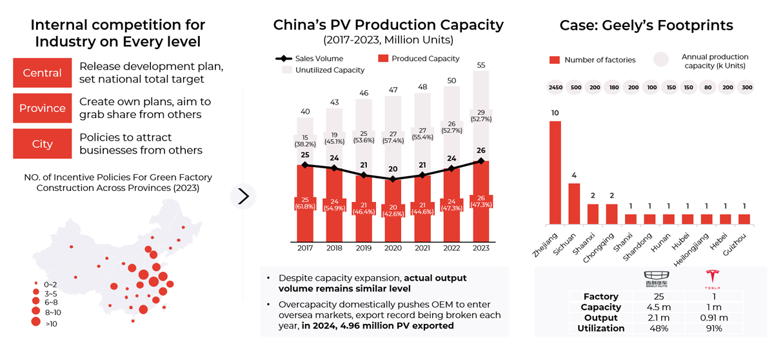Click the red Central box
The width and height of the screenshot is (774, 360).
(x=42, y=73)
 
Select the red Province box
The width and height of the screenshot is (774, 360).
(x=42, y=108)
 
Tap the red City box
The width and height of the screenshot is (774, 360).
(x=42, y=144)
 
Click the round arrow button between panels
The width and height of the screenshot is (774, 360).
(x=243, y=196)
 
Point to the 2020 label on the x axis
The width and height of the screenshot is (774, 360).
(x=393, y=247)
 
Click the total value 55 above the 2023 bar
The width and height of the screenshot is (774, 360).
(x=481, y=65)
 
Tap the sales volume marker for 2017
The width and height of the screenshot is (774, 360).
(x=305, y=165)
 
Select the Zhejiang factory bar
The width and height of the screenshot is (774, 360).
(x=555, y=172)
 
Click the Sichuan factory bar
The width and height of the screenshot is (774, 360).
(x=573, y=203)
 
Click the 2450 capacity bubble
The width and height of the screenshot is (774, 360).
(x=555, y=88)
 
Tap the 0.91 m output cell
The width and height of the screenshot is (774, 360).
(x=713, y=318)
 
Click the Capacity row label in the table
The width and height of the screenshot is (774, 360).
(x=600, y=307)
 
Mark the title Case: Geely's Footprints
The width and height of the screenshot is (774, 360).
(x=646, y=26)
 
